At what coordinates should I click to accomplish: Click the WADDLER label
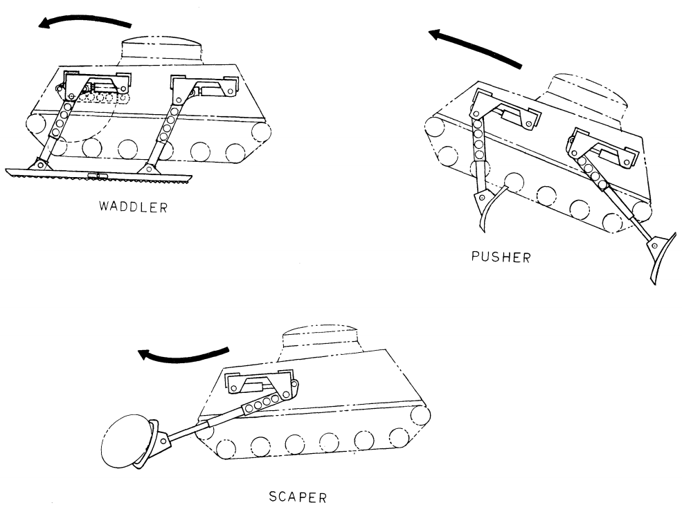[133, 207]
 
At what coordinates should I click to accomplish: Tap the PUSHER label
[501, 257]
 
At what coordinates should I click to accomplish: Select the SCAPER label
[298, 497]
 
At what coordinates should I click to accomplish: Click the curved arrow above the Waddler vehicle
[84, 19]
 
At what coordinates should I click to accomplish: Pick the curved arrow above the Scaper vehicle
[183, 356]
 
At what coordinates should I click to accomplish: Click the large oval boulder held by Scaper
[126, 441]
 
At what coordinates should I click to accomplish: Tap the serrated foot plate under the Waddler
[98, 176]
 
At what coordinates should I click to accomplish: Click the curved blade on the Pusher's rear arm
[664, 258]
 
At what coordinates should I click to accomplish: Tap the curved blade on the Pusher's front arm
[489, 209]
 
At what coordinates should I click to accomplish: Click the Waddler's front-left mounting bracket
[97, 82]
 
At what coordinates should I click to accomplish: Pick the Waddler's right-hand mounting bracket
[204, 86]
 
